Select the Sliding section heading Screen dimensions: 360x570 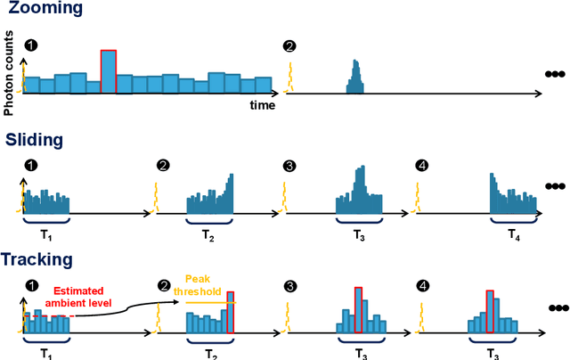[34, 140]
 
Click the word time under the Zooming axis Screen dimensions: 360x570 [262, 104]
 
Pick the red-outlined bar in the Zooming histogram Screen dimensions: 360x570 [109, 71]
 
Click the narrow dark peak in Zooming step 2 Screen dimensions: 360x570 [354, 78]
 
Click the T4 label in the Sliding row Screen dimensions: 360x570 [515, 234]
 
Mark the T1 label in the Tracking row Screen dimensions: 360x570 [45, 354]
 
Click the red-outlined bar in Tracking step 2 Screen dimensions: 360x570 [232, 312]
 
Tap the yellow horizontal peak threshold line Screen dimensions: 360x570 [210, 302]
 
